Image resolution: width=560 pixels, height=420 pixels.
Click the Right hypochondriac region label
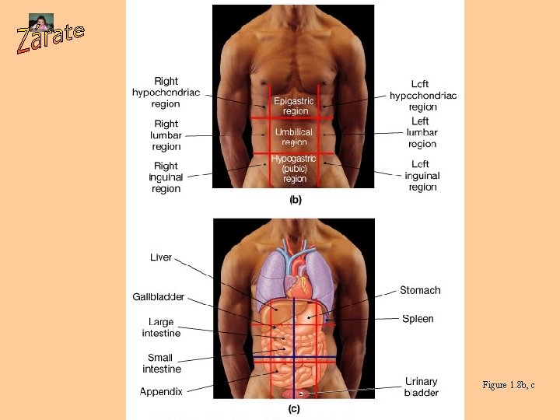166,93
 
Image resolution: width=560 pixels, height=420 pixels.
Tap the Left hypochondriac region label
423,96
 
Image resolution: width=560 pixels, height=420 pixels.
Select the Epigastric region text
293,106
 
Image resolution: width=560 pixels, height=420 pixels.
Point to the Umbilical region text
295,138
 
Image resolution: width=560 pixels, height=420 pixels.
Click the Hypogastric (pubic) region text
294,169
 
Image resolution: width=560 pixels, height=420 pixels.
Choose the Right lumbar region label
166,135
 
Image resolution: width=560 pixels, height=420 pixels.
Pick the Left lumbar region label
422,132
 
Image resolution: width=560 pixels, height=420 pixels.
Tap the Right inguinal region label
166,177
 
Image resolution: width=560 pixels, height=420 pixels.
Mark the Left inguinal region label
422,176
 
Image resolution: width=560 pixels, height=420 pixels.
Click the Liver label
161,257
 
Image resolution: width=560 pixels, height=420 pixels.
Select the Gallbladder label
158,297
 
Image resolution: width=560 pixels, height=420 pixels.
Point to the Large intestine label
161,327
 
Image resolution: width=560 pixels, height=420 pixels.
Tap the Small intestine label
161,363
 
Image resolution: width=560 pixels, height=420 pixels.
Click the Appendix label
161,391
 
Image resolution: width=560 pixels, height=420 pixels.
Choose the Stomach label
420,290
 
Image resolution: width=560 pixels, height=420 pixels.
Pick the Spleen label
418,319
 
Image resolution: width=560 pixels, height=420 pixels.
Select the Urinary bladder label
422,387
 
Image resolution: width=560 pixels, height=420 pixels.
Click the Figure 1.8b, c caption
509,385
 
